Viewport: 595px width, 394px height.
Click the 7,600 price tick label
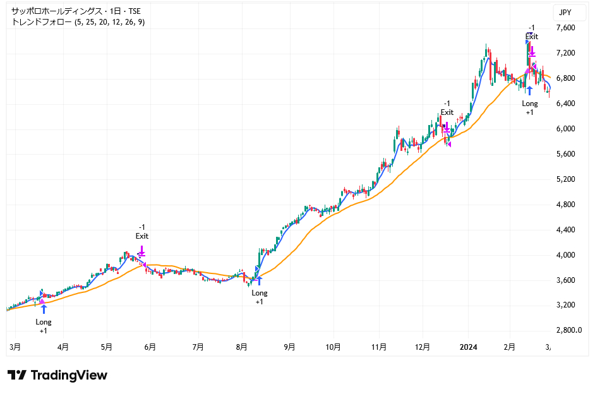(x=565, y=28)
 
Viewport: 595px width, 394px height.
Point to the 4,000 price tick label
(x=565, y=255)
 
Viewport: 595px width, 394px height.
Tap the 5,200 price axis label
(x=565, y=179)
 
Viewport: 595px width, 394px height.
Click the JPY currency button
(x=565, y=12)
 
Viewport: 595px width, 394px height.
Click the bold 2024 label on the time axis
(x=468, y=347)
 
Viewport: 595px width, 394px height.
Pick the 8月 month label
(x=242, y=347)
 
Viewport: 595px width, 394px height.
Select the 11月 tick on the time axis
(x=379, y=347)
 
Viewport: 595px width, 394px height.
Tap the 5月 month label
(x=107, y=347)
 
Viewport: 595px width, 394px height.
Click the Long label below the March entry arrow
(x=44, y=322)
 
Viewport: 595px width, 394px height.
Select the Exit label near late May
(x=142, y=236)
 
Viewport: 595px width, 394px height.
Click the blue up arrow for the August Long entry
(x=259, y=280)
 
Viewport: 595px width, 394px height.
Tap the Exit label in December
(x=447, y=112)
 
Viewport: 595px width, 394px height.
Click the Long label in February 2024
(x=530, y=104)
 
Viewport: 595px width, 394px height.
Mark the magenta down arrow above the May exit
(x=142, y=251)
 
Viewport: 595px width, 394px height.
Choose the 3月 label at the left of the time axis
(x=16, y=347)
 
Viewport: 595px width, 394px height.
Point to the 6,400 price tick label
(x=565, y=104)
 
